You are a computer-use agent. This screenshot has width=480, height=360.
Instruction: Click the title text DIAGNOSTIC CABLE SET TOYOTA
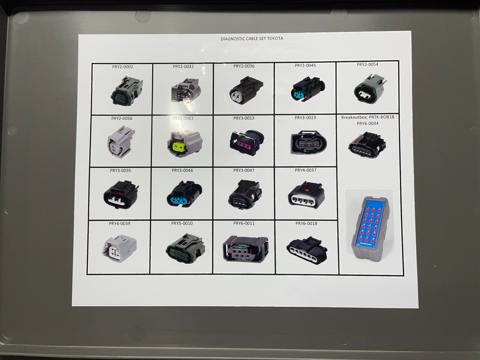(x=252, y=38)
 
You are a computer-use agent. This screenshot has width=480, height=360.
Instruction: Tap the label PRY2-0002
(x=122, y=67)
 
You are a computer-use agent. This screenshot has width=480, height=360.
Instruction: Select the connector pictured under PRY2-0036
(x=246, y=90)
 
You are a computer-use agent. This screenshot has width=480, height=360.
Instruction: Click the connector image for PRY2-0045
(x=307, y=89)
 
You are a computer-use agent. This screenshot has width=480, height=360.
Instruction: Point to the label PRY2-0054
(x=367, y=65)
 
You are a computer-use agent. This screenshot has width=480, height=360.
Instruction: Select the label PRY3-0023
(x=305, y=118)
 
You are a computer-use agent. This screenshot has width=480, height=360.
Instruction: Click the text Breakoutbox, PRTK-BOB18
(x=367, y=117)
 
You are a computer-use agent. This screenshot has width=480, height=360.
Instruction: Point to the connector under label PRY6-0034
(x=367, y=144)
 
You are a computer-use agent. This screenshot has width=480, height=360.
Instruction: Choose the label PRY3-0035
(x=120, y=171)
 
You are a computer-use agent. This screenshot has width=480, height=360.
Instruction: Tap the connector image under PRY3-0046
(x=184, y=194)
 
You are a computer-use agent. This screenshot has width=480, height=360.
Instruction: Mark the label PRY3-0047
(x=244, y=171)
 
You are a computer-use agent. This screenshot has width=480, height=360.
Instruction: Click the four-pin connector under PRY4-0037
(x=306, y=195)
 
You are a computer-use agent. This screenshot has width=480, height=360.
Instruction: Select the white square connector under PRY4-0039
(x=120, y=248)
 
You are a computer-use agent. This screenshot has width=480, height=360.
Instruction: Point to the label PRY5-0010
(x=182, y=224)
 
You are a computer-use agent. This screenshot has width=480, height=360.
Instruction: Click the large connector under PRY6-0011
(x=246, y=248)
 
